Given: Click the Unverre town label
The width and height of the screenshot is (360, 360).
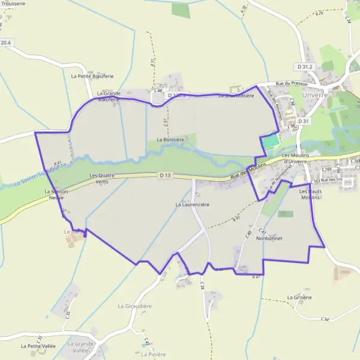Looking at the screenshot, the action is [x=316, y=95].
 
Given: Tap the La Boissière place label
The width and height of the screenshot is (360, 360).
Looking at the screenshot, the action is [x=170, y=139].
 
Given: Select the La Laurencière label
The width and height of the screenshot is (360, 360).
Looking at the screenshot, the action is [x=192, y=205].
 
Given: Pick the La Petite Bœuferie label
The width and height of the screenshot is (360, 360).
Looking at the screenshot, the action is [x=92, y=76].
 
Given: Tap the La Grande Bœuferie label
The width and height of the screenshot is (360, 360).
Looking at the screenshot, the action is [x=109, y=97].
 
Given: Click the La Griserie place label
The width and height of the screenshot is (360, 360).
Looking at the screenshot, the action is [x=299, y=297].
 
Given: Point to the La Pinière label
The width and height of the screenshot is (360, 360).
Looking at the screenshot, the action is [x=153, y=354].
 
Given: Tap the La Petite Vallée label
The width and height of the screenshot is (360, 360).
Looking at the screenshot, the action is [x=38, y=346].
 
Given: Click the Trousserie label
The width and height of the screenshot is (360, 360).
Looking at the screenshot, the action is [x=13, y=3].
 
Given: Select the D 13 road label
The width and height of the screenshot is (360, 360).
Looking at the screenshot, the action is [x=166, y=175].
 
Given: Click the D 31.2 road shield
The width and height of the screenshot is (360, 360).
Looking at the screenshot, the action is [x=305, y=66].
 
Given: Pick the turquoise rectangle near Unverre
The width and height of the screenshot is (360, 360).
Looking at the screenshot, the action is [x=271, y=142].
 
